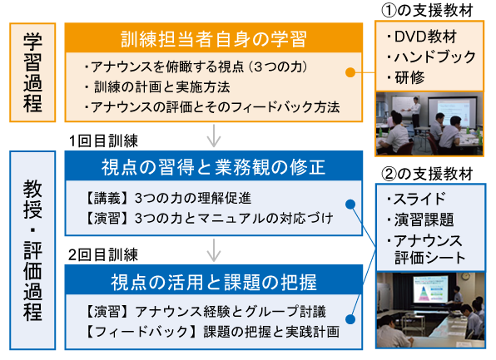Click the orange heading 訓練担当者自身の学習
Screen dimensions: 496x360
[214, 39]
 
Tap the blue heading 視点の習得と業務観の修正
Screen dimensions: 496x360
[214, 167]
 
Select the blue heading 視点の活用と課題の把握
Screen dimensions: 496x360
[214, 282]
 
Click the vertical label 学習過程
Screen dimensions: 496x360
[32, 72]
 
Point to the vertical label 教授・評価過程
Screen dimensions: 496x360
[32, 250]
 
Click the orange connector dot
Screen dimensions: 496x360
[350, 72]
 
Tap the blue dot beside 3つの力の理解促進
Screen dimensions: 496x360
[350, 205]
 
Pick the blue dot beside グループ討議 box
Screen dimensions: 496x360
[350, 319]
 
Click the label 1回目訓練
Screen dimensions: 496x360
[103, 141]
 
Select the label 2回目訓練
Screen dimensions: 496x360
[103, 255]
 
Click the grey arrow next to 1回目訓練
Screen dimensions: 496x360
[214, 136]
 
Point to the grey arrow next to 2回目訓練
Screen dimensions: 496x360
[214, 250]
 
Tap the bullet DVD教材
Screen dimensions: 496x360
[422, 37]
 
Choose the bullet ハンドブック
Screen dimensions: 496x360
[431, 57]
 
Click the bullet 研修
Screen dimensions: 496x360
[405, 77]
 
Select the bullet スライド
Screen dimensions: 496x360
[416, 199]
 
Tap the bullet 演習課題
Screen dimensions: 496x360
[420, 219]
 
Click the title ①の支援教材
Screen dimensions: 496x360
[427, 11]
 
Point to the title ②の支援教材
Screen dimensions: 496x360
[427, 174]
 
